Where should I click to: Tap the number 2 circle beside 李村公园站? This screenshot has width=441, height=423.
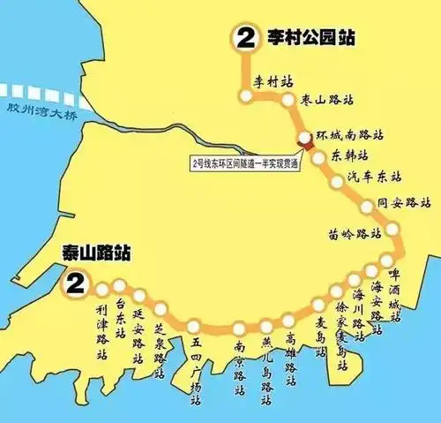pos(243,38)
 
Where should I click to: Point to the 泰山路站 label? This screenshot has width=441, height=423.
pos(95,253)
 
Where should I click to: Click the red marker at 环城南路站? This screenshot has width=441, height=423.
pos(304,138)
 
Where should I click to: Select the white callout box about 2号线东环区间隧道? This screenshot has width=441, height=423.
pos(244,162)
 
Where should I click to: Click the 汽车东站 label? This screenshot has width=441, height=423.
pos(383,177)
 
